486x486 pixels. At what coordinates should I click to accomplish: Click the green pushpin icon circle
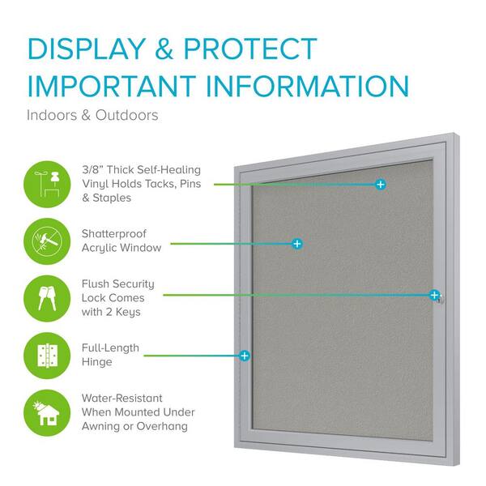tap(47, 183)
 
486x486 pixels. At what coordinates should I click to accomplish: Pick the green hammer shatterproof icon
tap(47, 241)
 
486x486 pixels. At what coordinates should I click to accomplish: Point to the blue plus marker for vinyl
tap(381, 185)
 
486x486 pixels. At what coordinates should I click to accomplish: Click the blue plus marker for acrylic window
tap(297, 243)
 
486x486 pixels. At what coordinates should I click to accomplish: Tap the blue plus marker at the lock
tap(435, 295)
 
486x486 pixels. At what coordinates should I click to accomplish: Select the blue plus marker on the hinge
tap(245, 355)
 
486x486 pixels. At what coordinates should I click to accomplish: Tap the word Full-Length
tap(110, 348)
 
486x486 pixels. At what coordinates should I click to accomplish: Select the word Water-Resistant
tap(122, 399)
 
